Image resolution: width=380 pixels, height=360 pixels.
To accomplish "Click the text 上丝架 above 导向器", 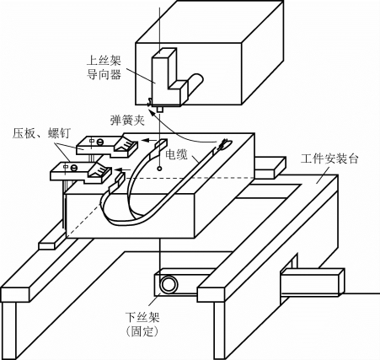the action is [x=103, y=61].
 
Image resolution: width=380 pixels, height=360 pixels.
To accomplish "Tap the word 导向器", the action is [x=103, y=75].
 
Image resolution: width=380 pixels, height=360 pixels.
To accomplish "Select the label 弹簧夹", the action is [x=127, y=121].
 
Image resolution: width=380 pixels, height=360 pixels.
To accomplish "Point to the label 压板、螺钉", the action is [x=40, y=133].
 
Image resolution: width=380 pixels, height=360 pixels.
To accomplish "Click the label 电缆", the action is [x=176, y=154].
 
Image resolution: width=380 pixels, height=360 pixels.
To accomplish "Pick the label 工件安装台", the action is [x=329, y=159].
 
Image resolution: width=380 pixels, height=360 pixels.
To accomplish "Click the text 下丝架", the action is [x=143, y=317].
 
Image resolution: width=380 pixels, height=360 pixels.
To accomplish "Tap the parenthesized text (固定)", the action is [x=142, y=331].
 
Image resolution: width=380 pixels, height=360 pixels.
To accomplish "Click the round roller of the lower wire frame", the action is [x=169, y=285].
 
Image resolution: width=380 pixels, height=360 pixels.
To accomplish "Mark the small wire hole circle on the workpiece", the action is [x=159, y=169].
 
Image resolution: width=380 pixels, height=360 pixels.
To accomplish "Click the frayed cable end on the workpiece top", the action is [x=223, y=144].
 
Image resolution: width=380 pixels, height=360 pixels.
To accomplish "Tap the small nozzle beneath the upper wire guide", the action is [x=160, y=109].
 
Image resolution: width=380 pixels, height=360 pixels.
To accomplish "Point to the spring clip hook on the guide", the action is [x=150, y=101].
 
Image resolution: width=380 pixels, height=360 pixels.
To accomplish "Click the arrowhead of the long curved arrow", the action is [x=152, y=114].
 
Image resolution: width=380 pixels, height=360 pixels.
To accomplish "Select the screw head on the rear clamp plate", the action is [x=99, y=142].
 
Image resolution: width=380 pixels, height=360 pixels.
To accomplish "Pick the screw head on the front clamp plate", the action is [x=74, y=167].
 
